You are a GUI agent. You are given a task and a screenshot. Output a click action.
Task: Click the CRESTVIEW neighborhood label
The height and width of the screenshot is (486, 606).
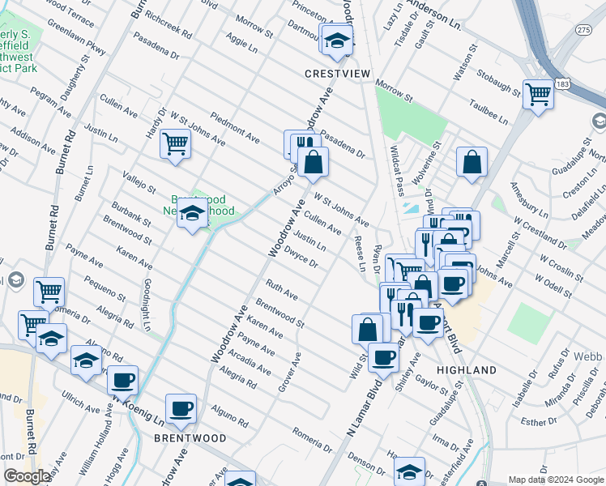tap(337, 74)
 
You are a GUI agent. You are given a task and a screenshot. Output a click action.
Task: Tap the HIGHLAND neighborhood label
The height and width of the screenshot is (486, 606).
tap(466, 370)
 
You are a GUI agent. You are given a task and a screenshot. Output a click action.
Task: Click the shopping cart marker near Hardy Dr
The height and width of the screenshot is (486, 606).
tap(175, 144)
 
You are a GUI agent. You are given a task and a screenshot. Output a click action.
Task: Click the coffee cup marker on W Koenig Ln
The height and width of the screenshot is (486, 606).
tap(123, 380)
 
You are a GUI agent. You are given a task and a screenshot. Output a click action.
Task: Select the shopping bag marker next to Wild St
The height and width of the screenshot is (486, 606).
tap(367, 329)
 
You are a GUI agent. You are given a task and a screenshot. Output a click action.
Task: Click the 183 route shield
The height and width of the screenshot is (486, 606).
tap(562, 84)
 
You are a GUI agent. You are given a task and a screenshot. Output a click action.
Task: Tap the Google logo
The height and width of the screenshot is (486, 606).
tap(27, 476)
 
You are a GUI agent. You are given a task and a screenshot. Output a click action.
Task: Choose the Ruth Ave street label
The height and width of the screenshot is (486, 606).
tap(281, 289)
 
